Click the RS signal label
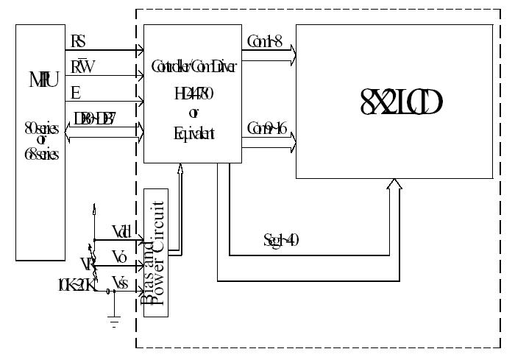coord(78,40)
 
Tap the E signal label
coord(75,91)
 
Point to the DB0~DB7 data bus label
coord(95,118)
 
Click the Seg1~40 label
coord(280,239)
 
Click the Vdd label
coord(121,230)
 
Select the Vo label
coord(120,255)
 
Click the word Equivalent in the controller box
coord(193,133)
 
